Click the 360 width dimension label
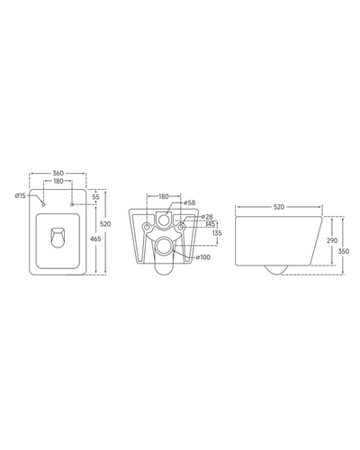[58, 173]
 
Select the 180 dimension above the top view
[58, 181]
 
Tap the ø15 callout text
[21, 195]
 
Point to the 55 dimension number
[95, 197]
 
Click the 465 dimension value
[95, 238]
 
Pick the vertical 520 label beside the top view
[105, 224]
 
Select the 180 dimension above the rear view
[164, 196]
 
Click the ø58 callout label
[190, 202]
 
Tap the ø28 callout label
[207, 217]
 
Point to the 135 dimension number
[217, 233]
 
